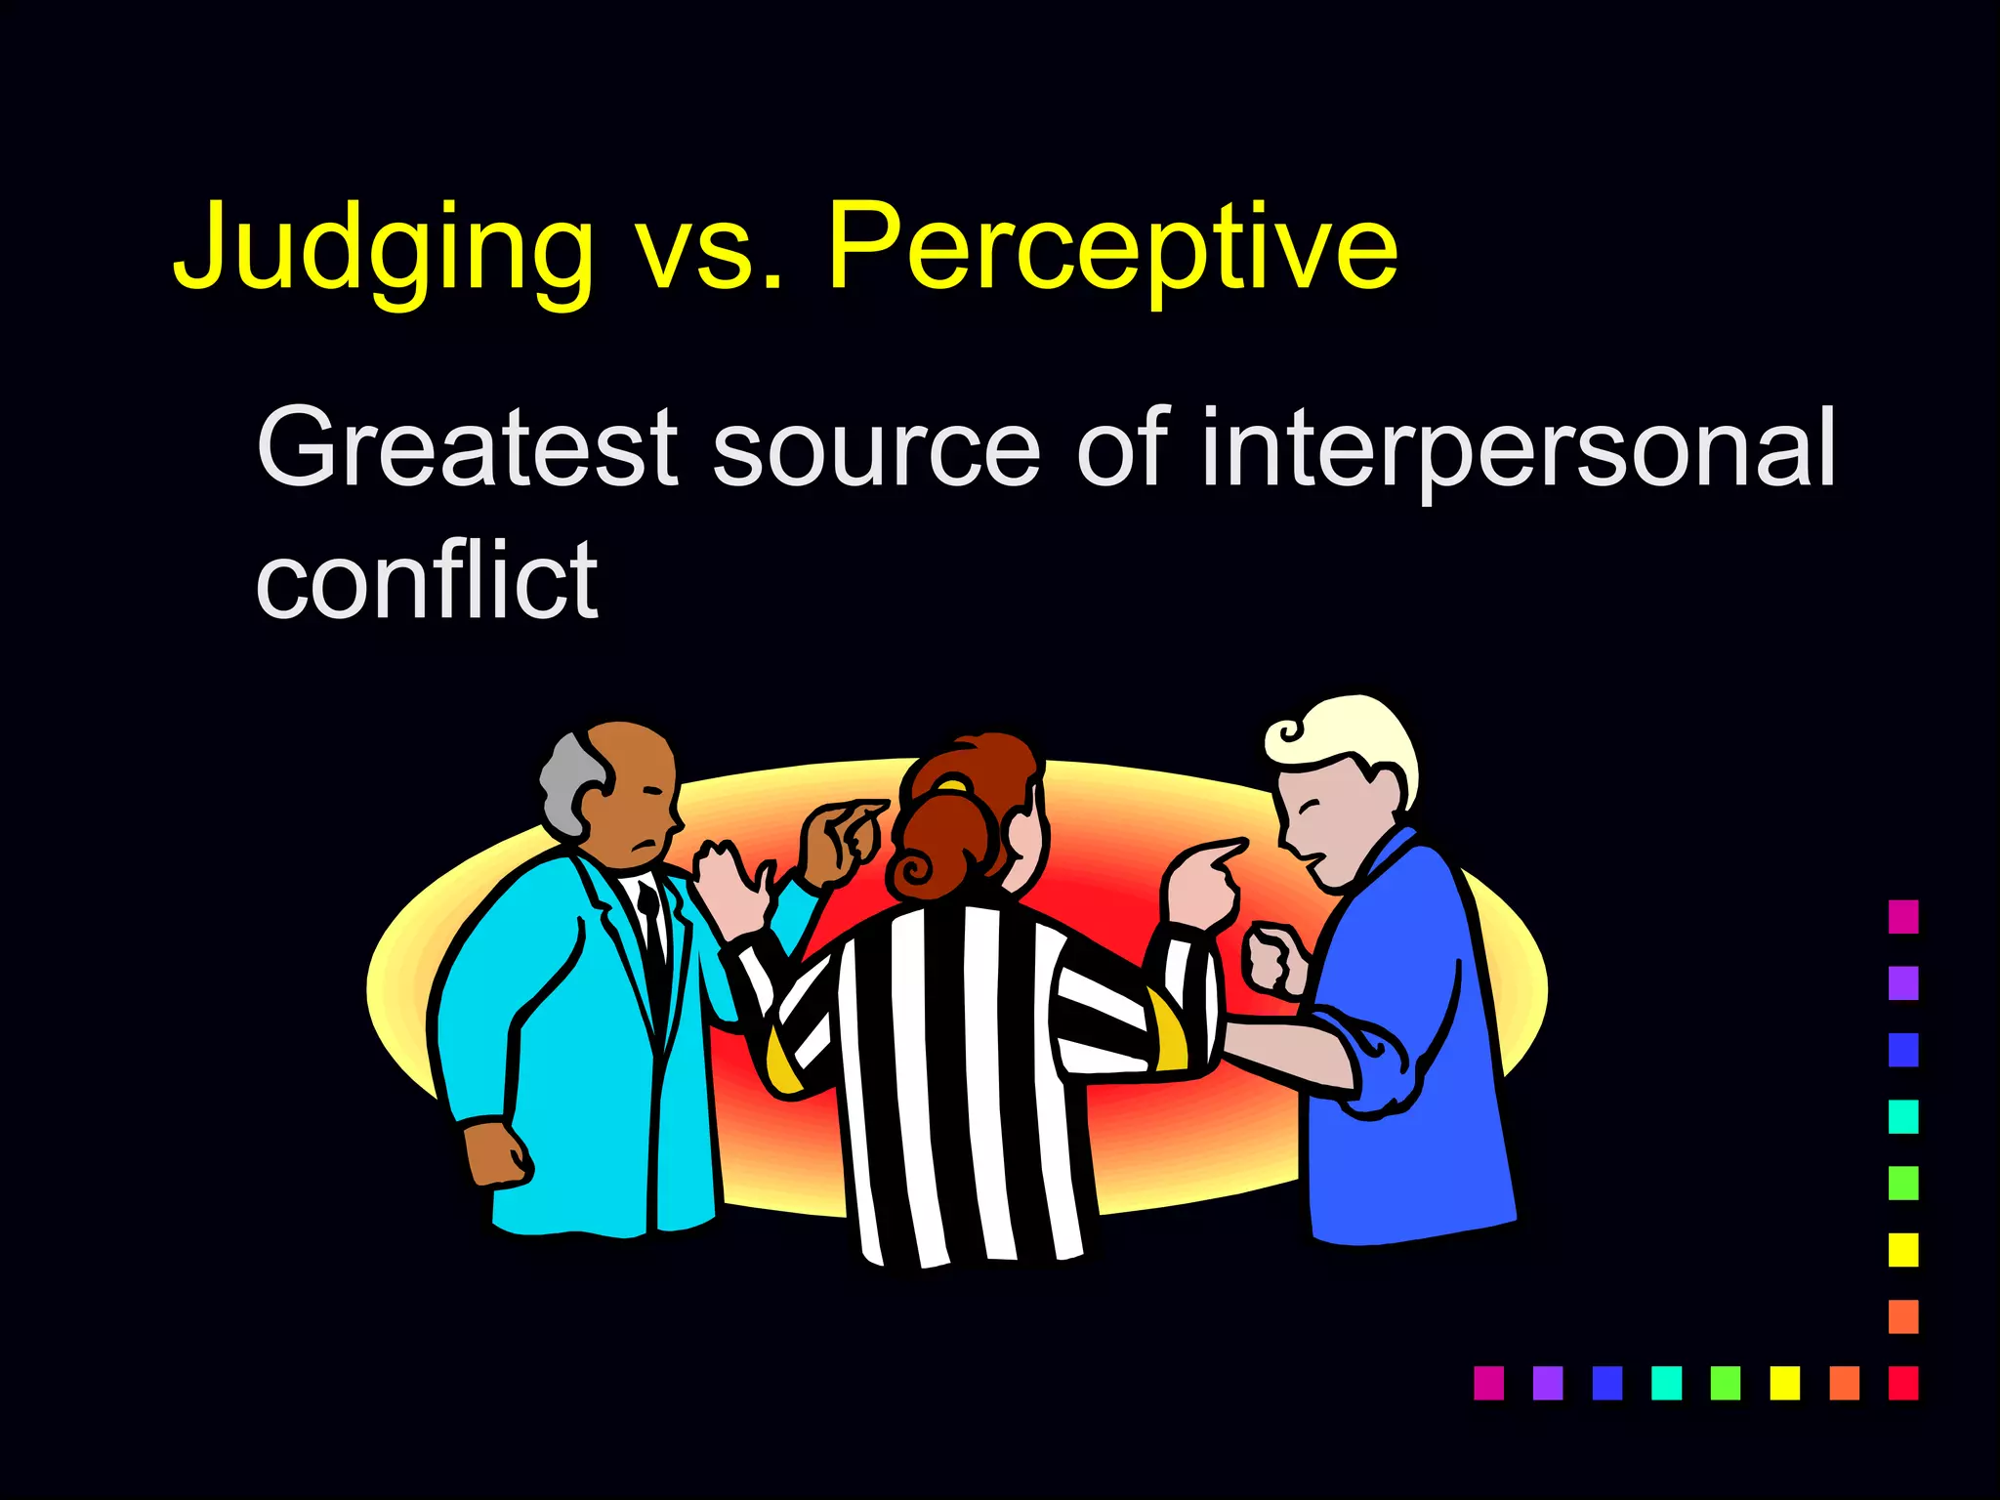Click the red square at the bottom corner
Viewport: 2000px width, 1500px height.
[1902, 1383]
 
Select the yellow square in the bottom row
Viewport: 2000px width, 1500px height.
[1784, 1383]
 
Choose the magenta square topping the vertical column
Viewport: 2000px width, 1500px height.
[1902, 916]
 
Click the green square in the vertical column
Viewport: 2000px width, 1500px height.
[1902, 1183]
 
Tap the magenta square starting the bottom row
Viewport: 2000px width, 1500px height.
[1488, 1383]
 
